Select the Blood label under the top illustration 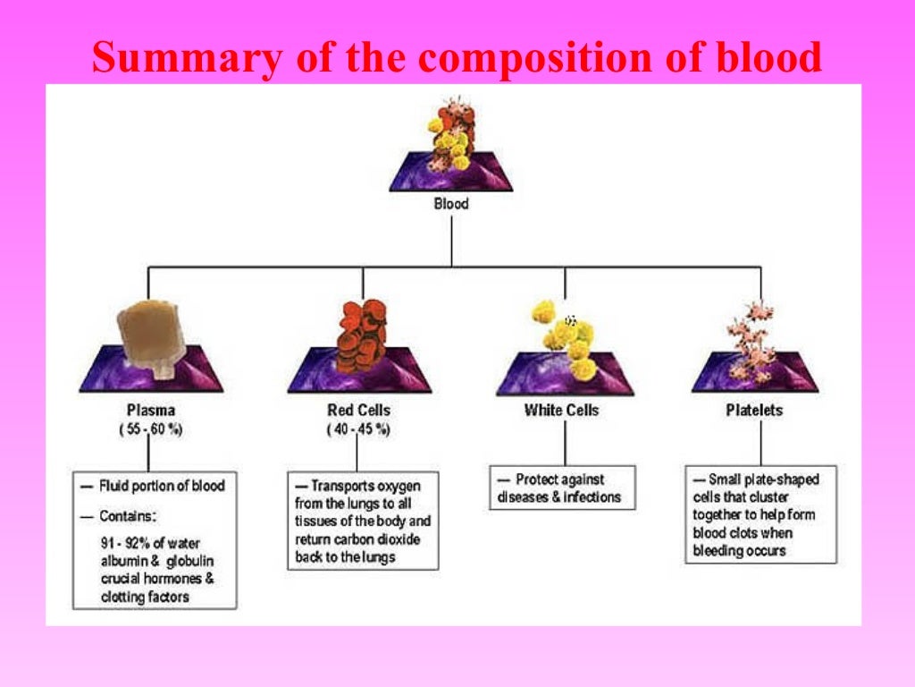point(451,203)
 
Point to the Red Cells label point(358,411)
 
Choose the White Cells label point(561,411)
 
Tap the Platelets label point(753,411)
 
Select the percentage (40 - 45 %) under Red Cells point(358,429)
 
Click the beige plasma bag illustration point(155,335)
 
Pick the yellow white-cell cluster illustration point(563,334)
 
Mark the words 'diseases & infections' point(561,497)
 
